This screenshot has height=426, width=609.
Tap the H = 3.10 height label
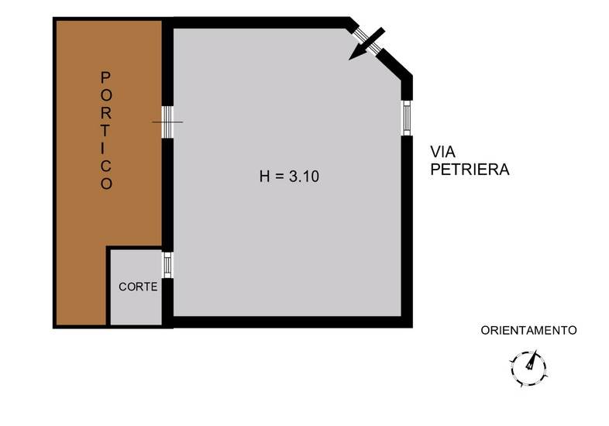click(x=289, y=176)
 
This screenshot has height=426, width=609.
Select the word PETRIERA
click(x=470, y=170)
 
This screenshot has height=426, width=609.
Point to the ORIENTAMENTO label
click(x=528, y=330)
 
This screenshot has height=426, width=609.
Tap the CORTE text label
click(x=138, y=287)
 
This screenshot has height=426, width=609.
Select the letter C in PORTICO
click(x=107, y=166)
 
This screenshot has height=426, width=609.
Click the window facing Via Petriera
click(x=406, y=118)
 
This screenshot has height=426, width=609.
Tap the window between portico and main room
click(x=167, y=122)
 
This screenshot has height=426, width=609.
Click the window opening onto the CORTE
click(x=167, y=264)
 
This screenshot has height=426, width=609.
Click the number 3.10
click(x=304, y=176)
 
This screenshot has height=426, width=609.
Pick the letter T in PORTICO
click(x=107, y=130)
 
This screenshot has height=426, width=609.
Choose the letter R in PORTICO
click(x=107, y=112)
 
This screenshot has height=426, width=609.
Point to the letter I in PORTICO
click(x=107, y=148)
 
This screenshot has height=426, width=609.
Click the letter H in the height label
click(x=264, y=176)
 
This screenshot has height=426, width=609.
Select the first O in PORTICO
click(x=107, y=94)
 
